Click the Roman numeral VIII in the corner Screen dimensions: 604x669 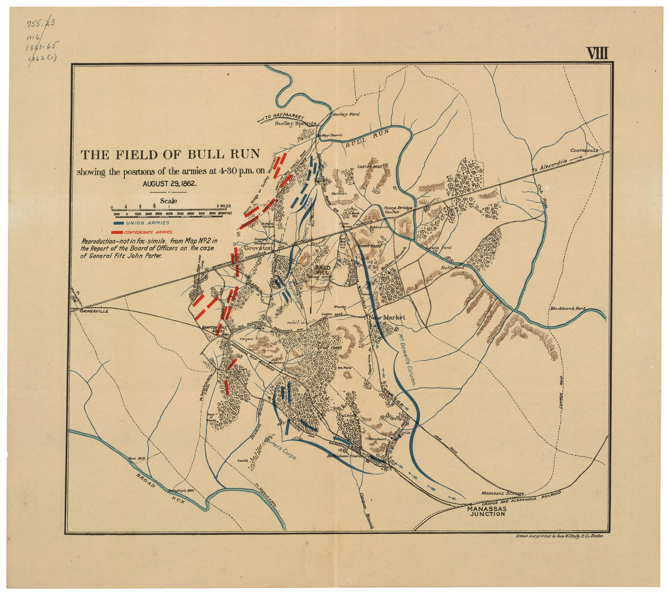point(597,53)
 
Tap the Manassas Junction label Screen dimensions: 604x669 point(487,511)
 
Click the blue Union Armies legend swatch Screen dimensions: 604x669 point(118,223)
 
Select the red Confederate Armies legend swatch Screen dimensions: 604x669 point(117,232)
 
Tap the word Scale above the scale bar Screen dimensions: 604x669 point(169,201)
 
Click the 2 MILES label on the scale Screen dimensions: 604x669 point(223,206)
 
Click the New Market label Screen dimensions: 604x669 point(387,318)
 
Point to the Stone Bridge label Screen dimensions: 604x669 point(398,208)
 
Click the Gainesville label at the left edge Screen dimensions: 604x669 point(94,311)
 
